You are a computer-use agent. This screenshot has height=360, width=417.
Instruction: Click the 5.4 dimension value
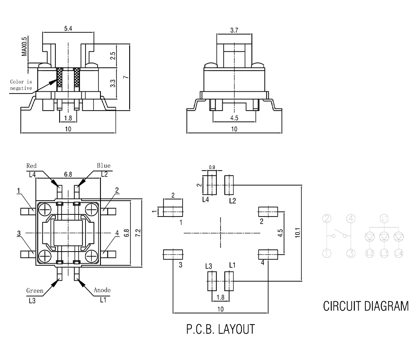point(68,28)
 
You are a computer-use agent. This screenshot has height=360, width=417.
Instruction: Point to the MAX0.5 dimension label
point(25,46)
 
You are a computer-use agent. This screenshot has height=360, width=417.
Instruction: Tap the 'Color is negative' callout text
point(21,85)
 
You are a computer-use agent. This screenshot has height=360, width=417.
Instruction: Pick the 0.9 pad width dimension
point(212,168)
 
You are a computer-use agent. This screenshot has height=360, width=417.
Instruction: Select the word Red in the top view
point(32,166)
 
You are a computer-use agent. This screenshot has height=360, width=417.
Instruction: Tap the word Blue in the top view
point(104,166)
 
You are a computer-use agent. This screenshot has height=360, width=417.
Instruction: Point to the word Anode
point(102,290)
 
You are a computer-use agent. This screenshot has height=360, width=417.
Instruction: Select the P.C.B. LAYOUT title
point(220,330)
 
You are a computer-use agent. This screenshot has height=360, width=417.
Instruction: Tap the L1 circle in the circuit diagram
point(384,218)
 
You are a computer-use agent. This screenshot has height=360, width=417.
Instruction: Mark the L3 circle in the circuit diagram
point(384,253)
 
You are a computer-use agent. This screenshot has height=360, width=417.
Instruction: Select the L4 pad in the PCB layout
point(212,184)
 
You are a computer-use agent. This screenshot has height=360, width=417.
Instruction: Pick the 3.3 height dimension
point(113,83)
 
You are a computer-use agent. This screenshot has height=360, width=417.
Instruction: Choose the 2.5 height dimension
point(113,55)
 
